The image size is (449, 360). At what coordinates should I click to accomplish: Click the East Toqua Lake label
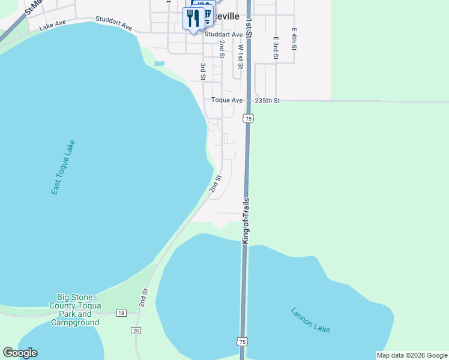click(63, 167)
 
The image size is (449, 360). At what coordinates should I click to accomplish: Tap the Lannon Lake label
click(310, 321)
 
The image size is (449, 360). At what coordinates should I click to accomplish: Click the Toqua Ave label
click(227, 100)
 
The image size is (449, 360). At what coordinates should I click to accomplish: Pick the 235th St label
click(267, 100)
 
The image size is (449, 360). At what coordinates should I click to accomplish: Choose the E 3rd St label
click(276, 48)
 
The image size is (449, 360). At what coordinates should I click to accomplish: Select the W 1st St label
click(240, 55)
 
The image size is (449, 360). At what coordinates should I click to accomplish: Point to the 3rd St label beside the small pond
click(203, 71)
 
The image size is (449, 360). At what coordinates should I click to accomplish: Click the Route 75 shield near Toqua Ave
click(249, 118)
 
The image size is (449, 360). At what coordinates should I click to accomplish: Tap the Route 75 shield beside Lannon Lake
click(242, 341)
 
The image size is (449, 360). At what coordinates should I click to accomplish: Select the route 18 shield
click(122, 313)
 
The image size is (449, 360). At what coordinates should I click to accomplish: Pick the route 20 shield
click(136, 331)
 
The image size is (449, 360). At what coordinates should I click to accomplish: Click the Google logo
click(20, 353)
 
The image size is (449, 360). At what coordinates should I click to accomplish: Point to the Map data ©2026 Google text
click(412, 355)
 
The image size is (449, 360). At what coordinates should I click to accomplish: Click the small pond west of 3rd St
click(159, 63)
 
